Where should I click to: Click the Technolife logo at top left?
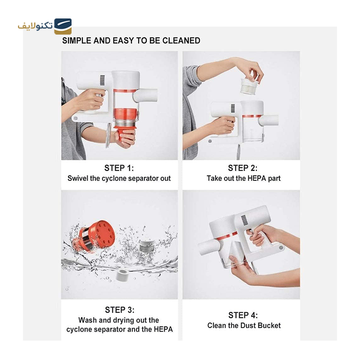coord(45,26)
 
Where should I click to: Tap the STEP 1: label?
coord(119,168)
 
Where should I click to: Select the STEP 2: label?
coord(243,168)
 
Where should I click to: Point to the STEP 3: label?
coord(120,310)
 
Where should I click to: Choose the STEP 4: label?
coord(243,315)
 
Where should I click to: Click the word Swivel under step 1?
coord(78,178)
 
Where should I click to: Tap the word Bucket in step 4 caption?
coord(269,325)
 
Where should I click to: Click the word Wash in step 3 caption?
coord(88,320)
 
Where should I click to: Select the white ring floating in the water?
coord(121,275)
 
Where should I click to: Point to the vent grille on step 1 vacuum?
coord(102,81)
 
